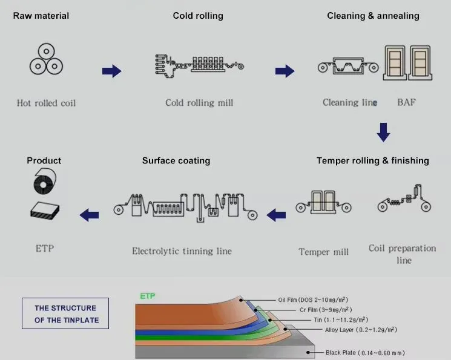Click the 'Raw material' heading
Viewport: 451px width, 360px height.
click(x=41, y=16)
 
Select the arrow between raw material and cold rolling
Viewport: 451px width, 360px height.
click(x=112, y=71)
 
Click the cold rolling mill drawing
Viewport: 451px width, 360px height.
click(x=200, y=66)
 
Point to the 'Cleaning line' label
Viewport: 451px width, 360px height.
click(x=350, y=102)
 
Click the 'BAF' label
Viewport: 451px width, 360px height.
click(x=406, y=102)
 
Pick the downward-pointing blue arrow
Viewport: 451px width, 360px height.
click(x=383, y=133)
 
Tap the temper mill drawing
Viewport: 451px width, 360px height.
click(x=324, y=202)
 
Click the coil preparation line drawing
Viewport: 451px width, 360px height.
click(x=404, y=198)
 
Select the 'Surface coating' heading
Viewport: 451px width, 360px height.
click(x=176, y=160)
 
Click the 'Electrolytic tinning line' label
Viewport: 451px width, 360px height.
click(x=182, y=251)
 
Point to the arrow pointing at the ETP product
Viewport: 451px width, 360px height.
click(x=90, y=215)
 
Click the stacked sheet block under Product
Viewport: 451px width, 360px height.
click(x=45, y=211)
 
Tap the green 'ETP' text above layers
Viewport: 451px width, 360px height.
click(x=148, y=296)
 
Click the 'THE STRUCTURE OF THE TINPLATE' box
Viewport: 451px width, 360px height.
click(x=65, y=313)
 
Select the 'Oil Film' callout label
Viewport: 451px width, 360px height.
click(x=313, y=299)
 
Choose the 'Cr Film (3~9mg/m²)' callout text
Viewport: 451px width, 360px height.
click(x=326, y=310)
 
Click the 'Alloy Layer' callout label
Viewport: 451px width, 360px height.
click(x=361, y=330)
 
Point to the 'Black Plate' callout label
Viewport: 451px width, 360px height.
click(x=365, y=353)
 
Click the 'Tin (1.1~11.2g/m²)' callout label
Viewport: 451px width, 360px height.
click(x=341, y=319)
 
